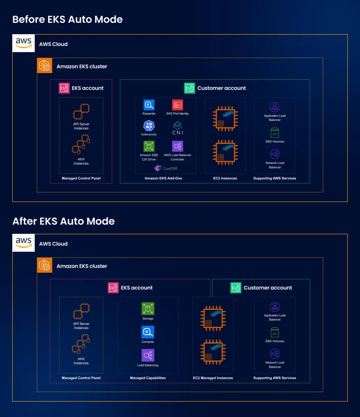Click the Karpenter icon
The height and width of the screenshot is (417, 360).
(x=149, y=105)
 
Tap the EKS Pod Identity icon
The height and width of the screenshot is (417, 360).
(x=177, y=105)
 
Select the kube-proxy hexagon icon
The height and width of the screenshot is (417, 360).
(x=149, y=126)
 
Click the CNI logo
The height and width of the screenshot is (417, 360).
(x=177, y=128)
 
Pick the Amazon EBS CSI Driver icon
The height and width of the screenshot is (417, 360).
(x=149, y=146)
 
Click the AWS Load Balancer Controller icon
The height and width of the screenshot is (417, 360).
(x=177, y=146)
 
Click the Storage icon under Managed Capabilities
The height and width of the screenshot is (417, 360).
(x=148, y=309)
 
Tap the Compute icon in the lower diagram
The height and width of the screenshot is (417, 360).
(x=148, y=332)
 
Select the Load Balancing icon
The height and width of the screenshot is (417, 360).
(x=148, y=355)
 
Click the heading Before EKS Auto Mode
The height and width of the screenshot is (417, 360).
(x=67, y=19)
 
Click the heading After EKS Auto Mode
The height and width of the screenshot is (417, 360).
(x=64, y=221)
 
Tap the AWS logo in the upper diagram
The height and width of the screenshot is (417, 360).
(x=24, y=43)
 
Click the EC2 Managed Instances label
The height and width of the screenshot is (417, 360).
(x=213, y=378)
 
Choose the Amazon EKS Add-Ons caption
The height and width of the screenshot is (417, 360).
(x=163, y=178)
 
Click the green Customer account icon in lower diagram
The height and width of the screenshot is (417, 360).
(x=236, y=288)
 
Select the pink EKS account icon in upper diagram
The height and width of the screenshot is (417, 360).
(x=64, y=88)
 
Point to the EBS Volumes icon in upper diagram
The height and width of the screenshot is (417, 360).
(x=275, y=133)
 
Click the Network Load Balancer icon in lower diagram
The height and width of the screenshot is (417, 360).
(x=275, y=354)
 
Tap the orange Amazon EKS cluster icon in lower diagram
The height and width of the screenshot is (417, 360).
(x=45, y=265)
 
